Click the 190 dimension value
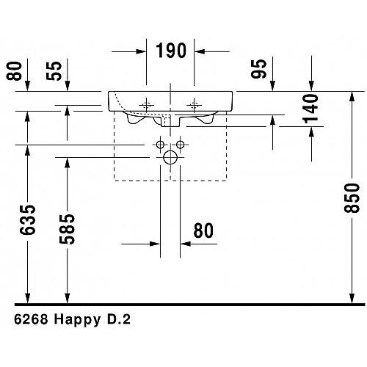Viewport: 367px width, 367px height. (171, 51)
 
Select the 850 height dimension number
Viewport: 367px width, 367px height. (352, 198)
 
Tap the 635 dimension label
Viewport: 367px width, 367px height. (28, 220)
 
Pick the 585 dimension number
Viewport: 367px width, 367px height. (67, 229)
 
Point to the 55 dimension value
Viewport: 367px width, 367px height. (54, 71)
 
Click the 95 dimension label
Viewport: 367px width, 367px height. (258, 69)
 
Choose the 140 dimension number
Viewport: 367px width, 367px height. (310, 109)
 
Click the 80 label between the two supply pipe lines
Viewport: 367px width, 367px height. (203, 230)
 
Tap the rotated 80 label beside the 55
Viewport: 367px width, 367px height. (14, 71)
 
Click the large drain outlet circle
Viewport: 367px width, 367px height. (170, 157)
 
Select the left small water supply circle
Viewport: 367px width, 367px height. (160, 145)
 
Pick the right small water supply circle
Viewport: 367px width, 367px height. (181, 145)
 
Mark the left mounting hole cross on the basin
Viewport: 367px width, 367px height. (146, 106)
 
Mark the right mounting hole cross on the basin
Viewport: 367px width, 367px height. (194, 106)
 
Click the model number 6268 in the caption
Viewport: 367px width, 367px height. (31, 319)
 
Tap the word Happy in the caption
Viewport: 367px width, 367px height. (77, 320)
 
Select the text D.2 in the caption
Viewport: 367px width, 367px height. (119, 319)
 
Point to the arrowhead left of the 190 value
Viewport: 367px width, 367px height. (141, 51)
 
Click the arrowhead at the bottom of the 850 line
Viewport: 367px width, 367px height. (352, 299)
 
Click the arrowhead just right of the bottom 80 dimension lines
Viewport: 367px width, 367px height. (186, 244)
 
